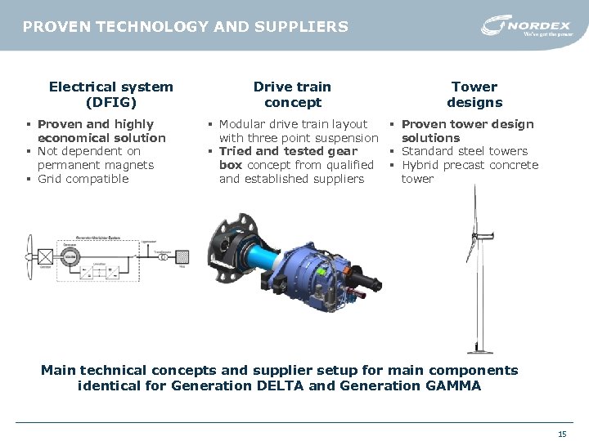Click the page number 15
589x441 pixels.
pyautogui.click(x=561, y=434)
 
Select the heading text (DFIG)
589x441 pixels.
pyautogui.click(x=110, y=102)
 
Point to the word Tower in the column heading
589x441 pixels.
pyautogui.click(x=474, y=87)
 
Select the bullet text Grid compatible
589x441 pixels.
pyautogui.click(x=83, y=179)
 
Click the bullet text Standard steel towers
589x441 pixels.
pyautogui.click(x=465, y=151)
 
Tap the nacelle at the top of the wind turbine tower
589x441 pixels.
pyautogui.click(x=476, y=237)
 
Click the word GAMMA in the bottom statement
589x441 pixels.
pyautogui.click(x=450, y=385)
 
